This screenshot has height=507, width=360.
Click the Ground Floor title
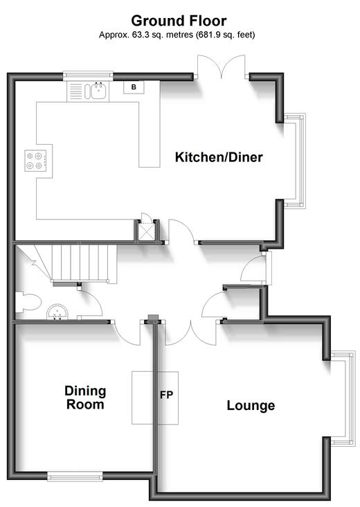coord(179,21)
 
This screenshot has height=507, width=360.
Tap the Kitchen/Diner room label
coord(219,157)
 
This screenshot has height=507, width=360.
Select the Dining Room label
coord(85,398)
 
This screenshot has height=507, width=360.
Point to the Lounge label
coord(251,405)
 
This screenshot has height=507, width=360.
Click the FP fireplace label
coord(166,395)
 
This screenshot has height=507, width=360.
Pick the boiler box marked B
coord(134,87)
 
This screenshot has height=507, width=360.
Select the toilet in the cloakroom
coord(28,302)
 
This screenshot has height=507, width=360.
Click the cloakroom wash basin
coord(57,312)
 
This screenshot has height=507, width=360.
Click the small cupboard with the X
coord(146,231)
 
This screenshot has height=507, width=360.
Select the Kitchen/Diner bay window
coord(295,161)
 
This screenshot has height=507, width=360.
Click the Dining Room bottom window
coord(75,477)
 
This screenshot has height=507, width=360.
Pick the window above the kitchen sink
coord(88,75)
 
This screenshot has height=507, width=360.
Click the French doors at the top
coord(222,67)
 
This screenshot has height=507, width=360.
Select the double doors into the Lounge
coord(191,332)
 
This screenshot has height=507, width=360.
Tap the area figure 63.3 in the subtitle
coord(141,35)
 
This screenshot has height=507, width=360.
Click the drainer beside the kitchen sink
coord(75,91)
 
